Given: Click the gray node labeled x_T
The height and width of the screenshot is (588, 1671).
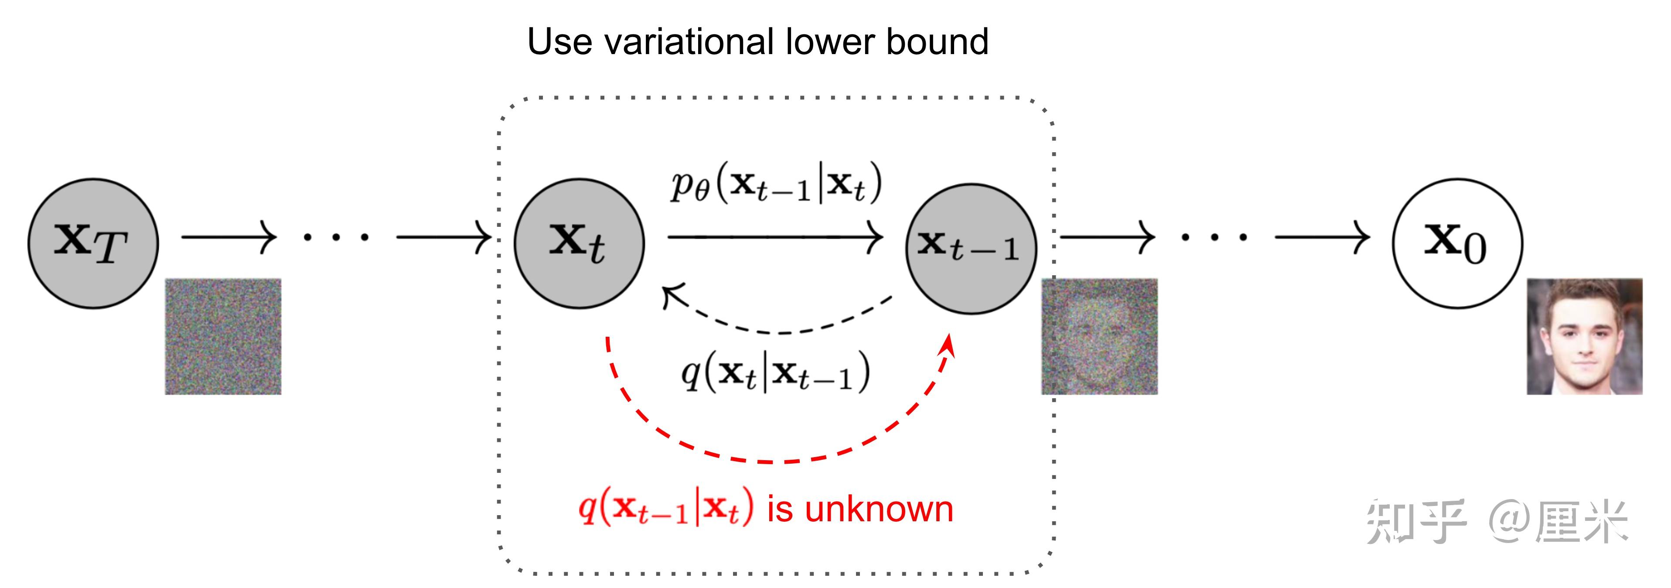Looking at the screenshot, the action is pos(93,243).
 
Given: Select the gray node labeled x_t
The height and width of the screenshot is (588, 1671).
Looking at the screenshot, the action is pos(579,243).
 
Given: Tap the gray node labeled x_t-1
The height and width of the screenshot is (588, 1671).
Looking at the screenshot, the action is pos(971,249).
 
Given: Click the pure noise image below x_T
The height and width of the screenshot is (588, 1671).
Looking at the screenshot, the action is pos(223,336).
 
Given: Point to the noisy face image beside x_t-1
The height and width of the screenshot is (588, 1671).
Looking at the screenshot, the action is pos(1099,336).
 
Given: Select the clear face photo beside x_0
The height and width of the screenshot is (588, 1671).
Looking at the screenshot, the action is pos(1585,336).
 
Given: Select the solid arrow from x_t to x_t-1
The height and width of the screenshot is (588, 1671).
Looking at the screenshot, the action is pos(775,237).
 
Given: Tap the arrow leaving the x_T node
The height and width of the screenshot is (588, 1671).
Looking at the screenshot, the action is pos(229,237).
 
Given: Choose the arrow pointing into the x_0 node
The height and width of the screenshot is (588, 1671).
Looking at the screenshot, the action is pos(1323,237).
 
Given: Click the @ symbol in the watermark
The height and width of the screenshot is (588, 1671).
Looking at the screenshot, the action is pos(1508,522).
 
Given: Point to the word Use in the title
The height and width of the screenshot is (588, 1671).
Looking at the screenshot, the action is pos(559,42).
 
